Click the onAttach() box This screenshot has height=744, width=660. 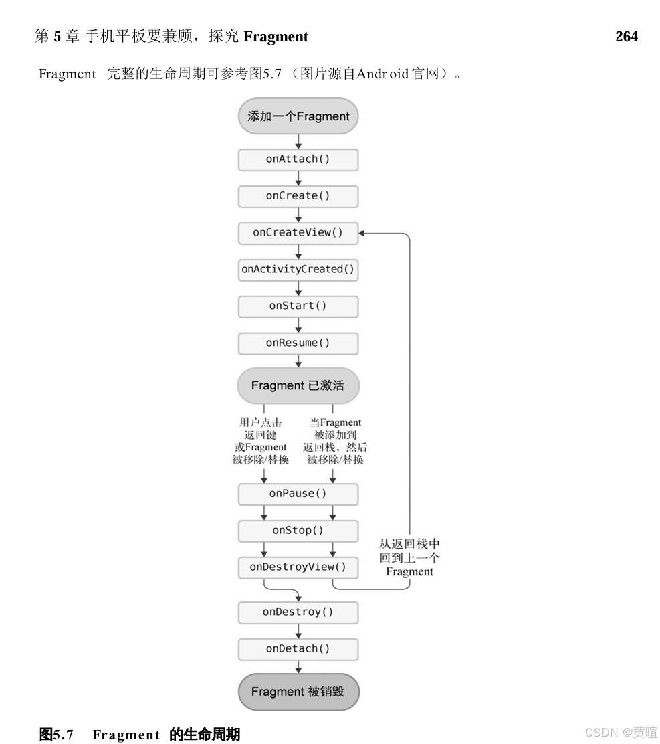298,160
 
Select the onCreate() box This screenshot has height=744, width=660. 298,196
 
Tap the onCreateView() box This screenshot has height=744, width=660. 298,233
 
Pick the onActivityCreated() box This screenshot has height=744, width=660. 298,270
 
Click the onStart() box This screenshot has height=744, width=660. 298,306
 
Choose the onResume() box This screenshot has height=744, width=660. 298,343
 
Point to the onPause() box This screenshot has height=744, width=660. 298,494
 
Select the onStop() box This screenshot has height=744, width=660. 298,531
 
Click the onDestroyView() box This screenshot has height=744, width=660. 298,567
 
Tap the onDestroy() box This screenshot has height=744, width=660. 298,612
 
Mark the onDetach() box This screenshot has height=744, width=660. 298,649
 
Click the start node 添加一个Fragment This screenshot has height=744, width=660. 298,116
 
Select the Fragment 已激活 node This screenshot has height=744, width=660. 298,386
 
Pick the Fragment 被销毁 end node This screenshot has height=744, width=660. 298,692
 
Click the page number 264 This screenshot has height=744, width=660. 627,37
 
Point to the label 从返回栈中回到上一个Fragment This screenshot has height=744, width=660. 409,558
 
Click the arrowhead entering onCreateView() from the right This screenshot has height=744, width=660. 362,233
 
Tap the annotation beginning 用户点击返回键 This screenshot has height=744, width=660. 260,441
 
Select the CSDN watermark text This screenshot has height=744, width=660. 621,732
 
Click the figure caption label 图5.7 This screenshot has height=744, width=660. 56,735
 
